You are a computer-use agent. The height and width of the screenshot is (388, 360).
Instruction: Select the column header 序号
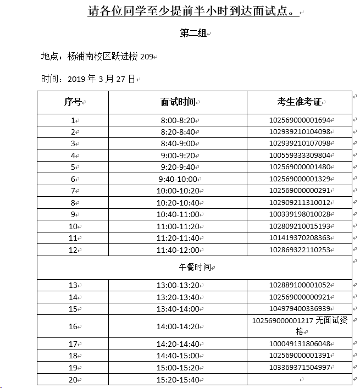tap(73, 102)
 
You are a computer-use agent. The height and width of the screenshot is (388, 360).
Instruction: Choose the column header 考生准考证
tap(298, 102)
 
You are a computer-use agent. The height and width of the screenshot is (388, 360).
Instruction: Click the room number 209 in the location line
tap(146, 57)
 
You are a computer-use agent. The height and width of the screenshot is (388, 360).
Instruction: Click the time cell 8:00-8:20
tap(178, 120)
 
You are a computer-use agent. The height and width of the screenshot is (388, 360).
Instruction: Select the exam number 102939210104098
tap(300, 132)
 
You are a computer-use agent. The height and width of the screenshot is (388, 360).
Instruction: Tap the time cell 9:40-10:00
tap(178, 179)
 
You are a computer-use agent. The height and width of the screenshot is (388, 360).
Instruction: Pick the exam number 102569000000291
tap(300, 191)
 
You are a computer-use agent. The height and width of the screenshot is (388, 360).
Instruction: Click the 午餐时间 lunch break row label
tap(196, 268)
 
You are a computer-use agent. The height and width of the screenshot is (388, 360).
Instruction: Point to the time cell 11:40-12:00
tap(178, 250)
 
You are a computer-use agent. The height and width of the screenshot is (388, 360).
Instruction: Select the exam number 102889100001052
tap(300, 285)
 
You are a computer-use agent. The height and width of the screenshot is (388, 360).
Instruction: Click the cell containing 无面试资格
tap(300, 326)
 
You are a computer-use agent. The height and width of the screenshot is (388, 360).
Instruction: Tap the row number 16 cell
tap(73, 326)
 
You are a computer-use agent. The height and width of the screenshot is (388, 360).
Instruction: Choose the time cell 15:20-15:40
tap(178, 379)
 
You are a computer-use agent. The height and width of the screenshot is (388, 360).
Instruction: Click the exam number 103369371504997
tap(300, 368)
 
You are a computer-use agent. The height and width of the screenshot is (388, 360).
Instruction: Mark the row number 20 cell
tap(73, 379)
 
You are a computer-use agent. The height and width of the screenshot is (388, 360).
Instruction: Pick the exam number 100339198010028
tap(300, 214)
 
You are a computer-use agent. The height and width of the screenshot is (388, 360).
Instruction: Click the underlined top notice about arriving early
tap(194, 12)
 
